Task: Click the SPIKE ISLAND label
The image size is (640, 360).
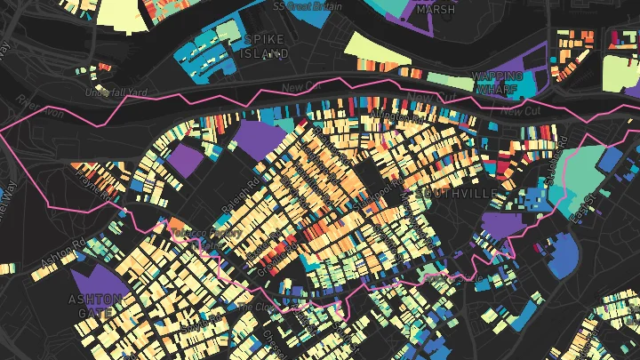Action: pyautogui.click(x=266, y=46)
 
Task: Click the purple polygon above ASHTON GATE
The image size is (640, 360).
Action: pyautogui.click(x=100, y=277)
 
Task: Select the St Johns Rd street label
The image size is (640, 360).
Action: pyautogui.click(x=557, y=164)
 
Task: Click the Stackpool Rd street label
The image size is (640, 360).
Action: pyautogui.click(x=363, y=192)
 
